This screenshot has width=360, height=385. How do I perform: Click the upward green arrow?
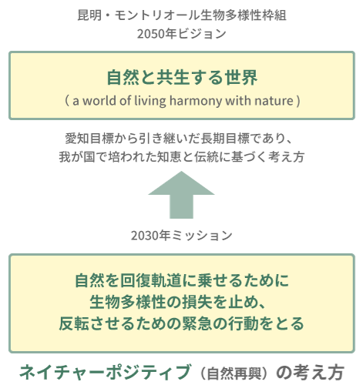click(181, 195)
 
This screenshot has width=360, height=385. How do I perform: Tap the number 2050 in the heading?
click(150, 34)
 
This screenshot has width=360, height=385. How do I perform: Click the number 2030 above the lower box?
click(144, 236)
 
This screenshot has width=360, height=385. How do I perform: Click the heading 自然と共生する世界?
click(182, 77)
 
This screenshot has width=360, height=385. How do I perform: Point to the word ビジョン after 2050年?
click(202, 34)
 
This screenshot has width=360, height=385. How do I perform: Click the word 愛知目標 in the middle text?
click(89, 139)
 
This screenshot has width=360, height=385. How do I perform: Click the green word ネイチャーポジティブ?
click(106, 372)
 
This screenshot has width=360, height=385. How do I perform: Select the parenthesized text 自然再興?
click(234, 373)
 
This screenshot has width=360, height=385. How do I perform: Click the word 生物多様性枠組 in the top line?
click(243, 15)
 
